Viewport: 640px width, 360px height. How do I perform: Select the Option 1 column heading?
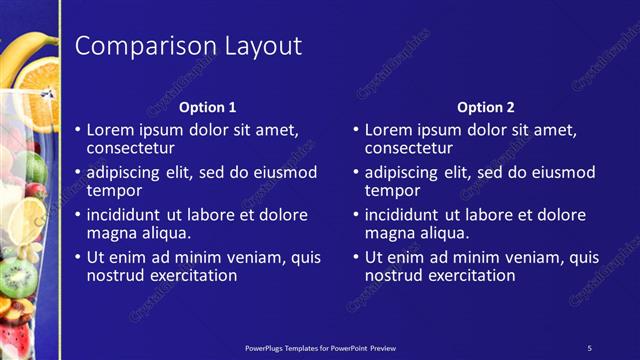coord(208,107)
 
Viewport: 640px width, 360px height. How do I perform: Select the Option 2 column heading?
coord(486,107)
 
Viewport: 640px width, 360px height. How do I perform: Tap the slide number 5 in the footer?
coord(589,347)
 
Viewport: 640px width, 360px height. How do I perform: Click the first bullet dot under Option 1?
coord(79,131)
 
